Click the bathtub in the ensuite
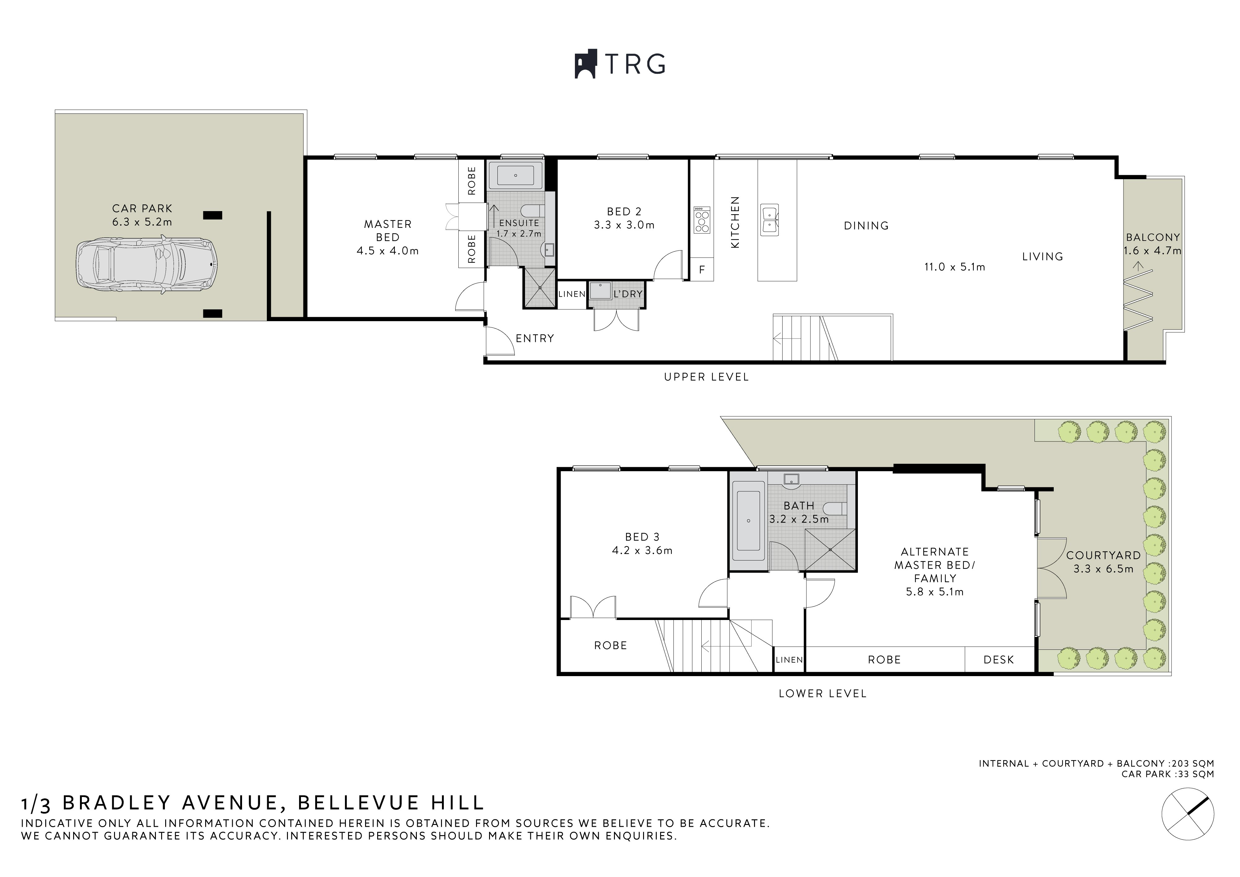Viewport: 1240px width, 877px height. click(x=516, y=175)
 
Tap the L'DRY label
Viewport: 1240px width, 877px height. click(x=628, y=294)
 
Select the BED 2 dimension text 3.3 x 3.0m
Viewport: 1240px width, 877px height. click(x=624, y=225)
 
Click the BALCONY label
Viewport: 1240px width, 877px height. click(x=1153, y=237)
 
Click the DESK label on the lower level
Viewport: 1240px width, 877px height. click(x=999, y=660)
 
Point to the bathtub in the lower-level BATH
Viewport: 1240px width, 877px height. click(x=748, y=521)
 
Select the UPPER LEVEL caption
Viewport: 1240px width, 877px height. click(x=706, y=377)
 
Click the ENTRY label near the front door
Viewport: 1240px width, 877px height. click(x=535, y=338)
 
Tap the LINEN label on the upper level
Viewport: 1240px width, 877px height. click(x=571, y=294)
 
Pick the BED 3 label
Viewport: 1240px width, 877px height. click(x=642, y=537)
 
